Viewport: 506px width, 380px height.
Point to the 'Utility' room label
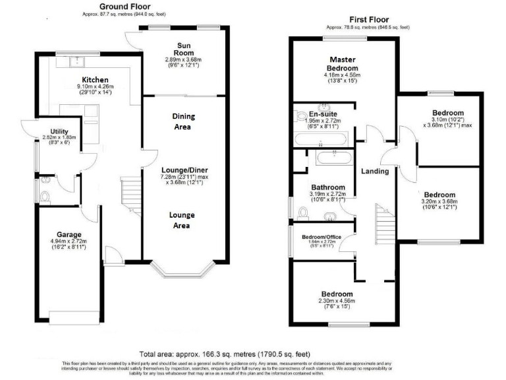point(60,132)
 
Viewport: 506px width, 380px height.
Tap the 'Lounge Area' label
point(182,220)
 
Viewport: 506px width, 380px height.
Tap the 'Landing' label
point(375,172)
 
